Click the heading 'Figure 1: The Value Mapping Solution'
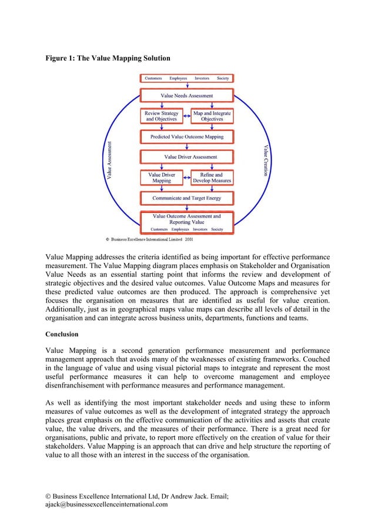tap(108, 58)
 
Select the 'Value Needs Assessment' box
tap(187, 95)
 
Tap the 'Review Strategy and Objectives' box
tap(162, 116)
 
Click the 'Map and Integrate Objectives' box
tap(212, 116)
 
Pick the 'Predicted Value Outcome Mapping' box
tap(187, 136)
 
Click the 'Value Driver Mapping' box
tap(161, 178)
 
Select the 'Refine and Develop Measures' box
tap(212, 178)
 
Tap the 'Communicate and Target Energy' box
tap(187, 198)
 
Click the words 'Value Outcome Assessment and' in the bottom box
tap(187, 216)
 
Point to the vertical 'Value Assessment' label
tap(111, 159)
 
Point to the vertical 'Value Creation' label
tap(265, 160)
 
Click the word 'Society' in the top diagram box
tap(223, 78)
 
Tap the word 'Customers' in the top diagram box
tap(154, 78)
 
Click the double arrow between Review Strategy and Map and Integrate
tap(187, 116)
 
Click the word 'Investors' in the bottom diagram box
tap(198, 229)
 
